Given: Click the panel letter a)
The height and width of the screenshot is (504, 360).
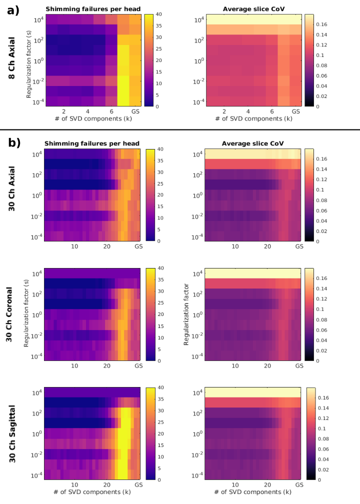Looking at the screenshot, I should click(13, 10).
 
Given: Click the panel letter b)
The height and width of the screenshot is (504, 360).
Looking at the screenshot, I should click(14, 142).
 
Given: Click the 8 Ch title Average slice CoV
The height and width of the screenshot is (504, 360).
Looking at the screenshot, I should click(247, 8).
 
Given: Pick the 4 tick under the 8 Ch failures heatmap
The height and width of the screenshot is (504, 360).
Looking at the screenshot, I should click(87, 111).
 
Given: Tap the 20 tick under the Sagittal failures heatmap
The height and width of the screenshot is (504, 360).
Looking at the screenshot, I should click(106, 484).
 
